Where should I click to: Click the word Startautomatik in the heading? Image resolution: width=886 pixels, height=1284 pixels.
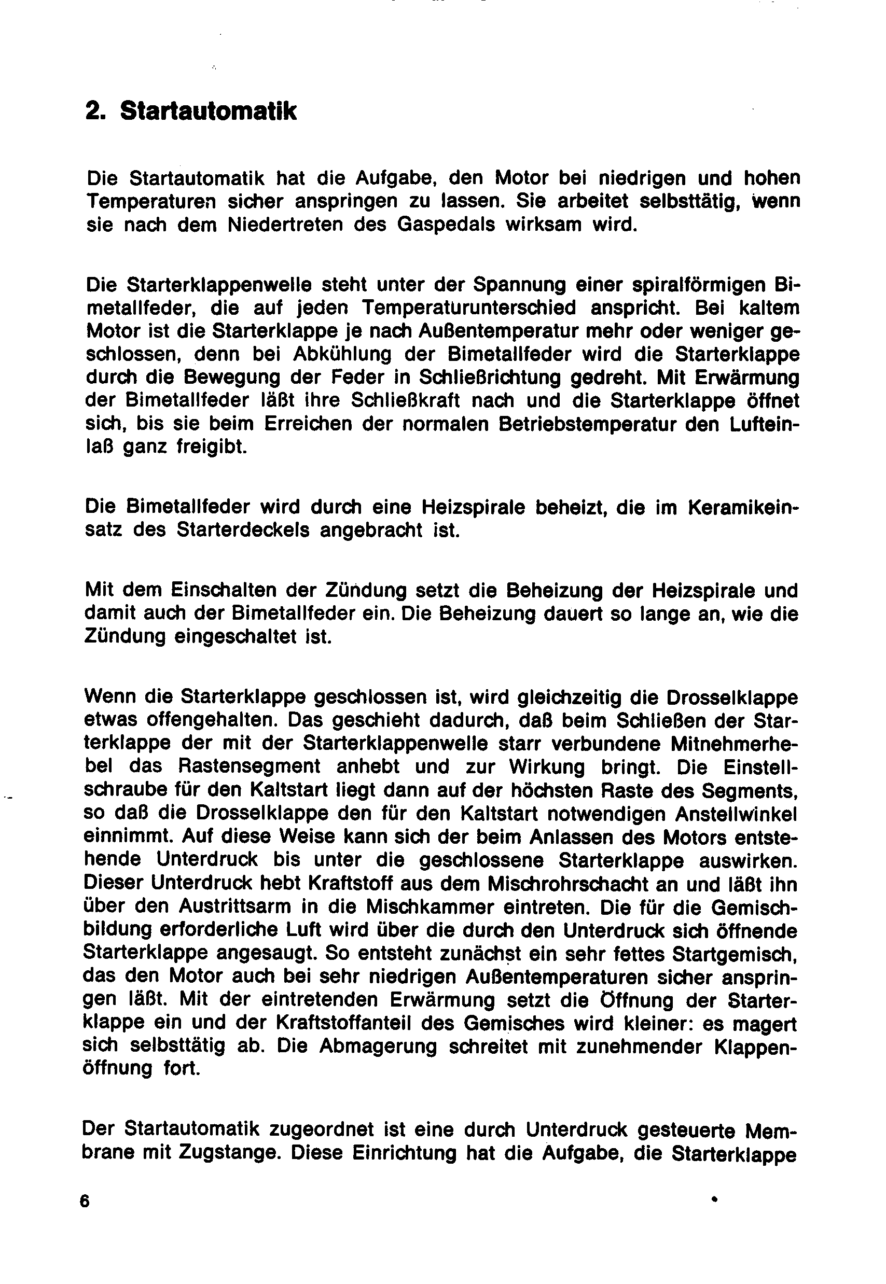tap(208, 111)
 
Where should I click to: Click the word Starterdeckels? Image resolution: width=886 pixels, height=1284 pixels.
tap(243, 531)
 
